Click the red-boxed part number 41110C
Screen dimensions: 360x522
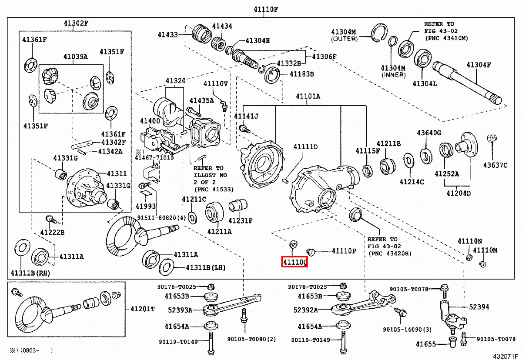[294, 262]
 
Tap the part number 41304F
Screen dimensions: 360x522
[478, 65]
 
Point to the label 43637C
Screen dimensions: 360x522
[495, 165]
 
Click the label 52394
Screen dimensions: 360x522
[478, 307]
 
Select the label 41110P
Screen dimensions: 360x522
[344, 251]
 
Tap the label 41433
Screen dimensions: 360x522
[168, 33]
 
